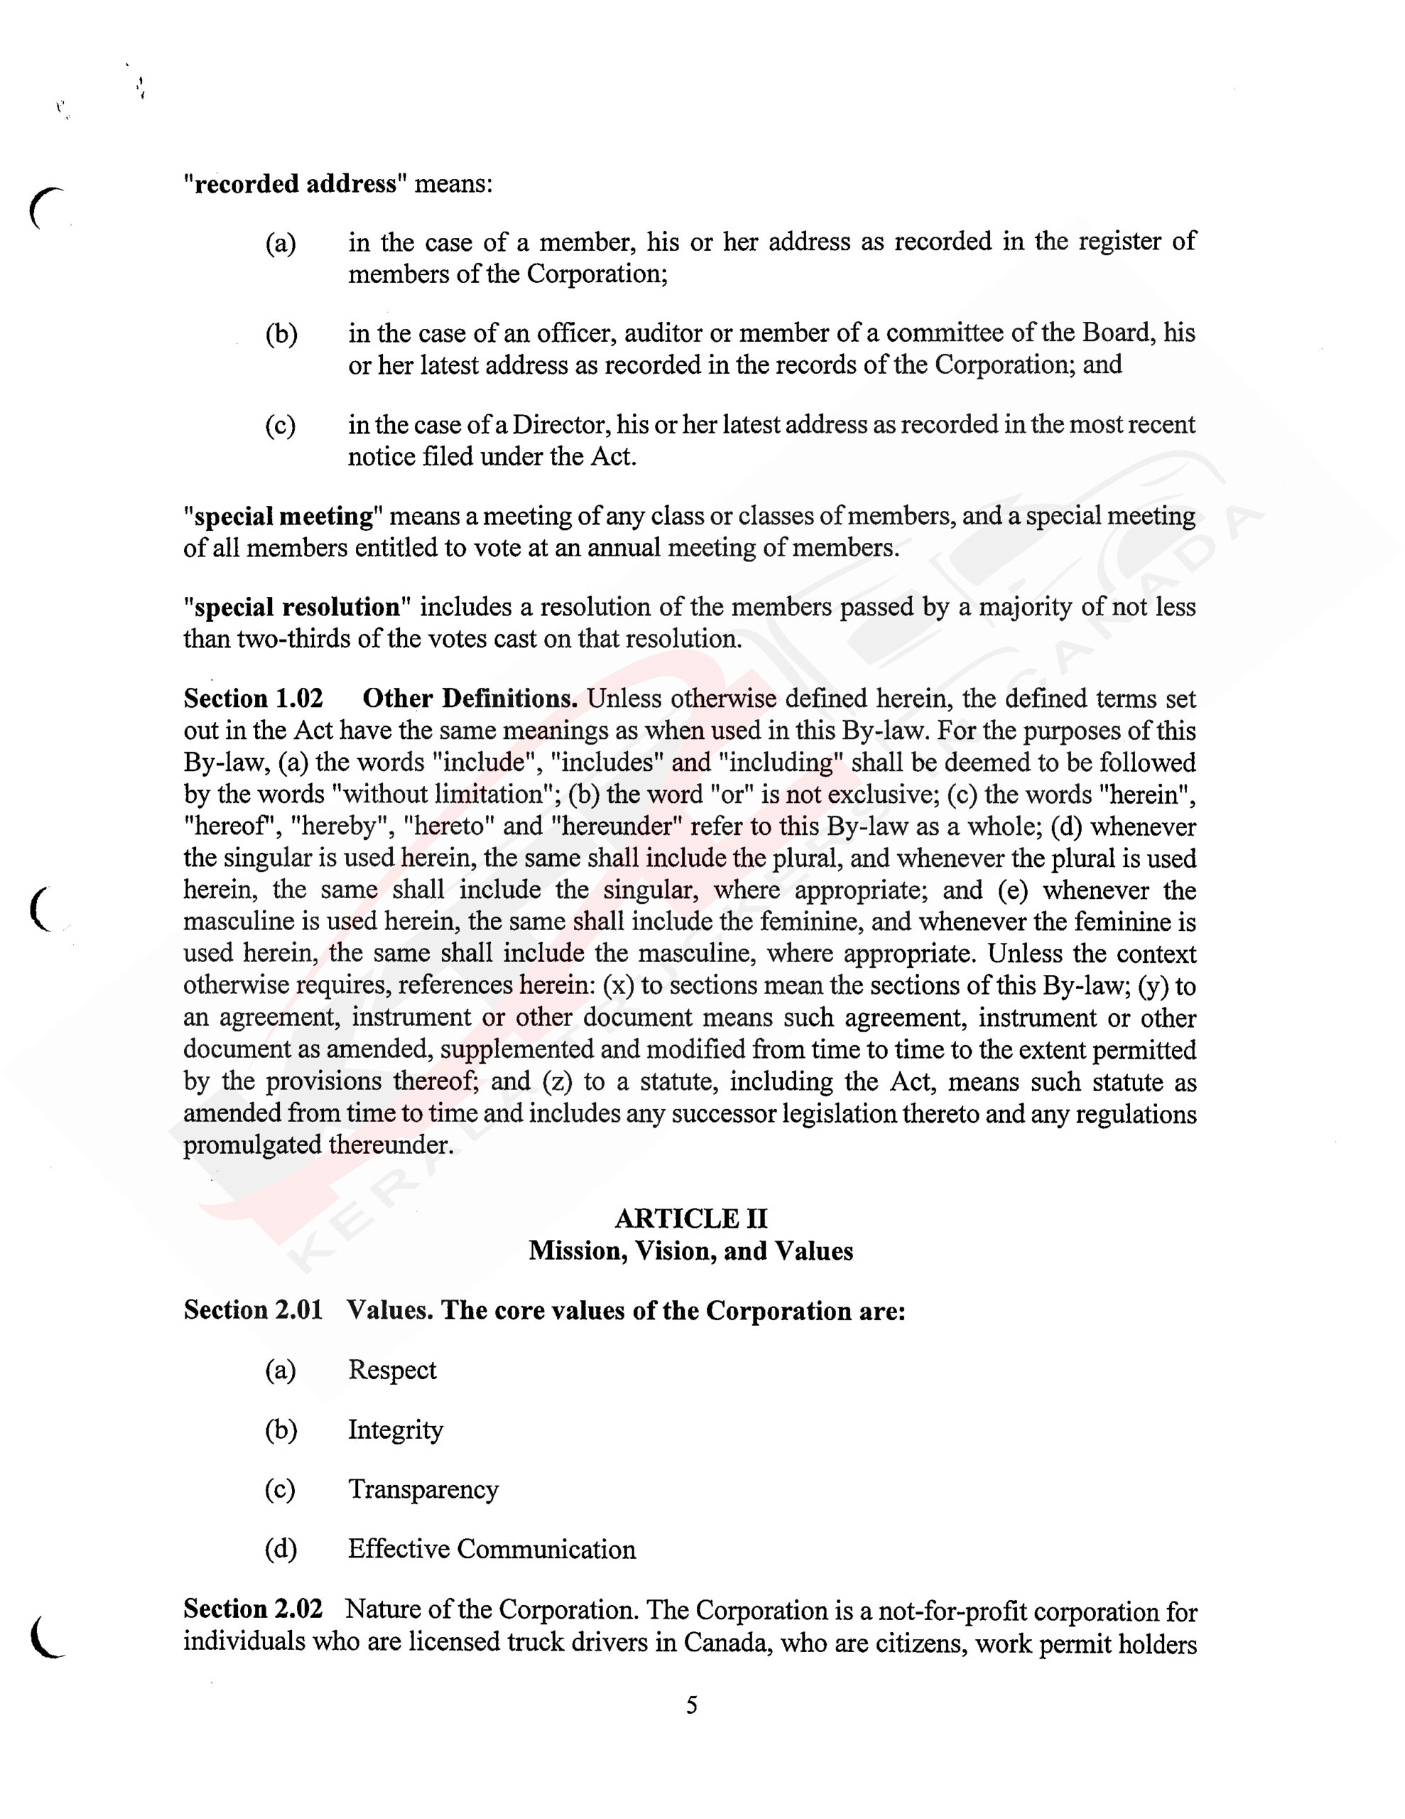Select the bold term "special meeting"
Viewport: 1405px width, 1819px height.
point(283,517)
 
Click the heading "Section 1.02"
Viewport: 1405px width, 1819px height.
point(253,698)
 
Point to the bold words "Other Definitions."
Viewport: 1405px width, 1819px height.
point(470,698)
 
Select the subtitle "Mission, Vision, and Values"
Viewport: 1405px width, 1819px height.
point(690,1251)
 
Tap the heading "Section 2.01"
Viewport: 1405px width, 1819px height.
point(253,1310)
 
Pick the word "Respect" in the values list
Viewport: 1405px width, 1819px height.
point(391,1370)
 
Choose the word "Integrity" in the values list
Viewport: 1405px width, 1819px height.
point(395,1430)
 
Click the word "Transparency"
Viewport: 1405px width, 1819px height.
point(423,1489)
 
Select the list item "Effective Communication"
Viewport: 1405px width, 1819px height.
point(492,1549)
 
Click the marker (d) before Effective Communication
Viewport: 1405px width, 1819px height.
point(281,1549)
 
